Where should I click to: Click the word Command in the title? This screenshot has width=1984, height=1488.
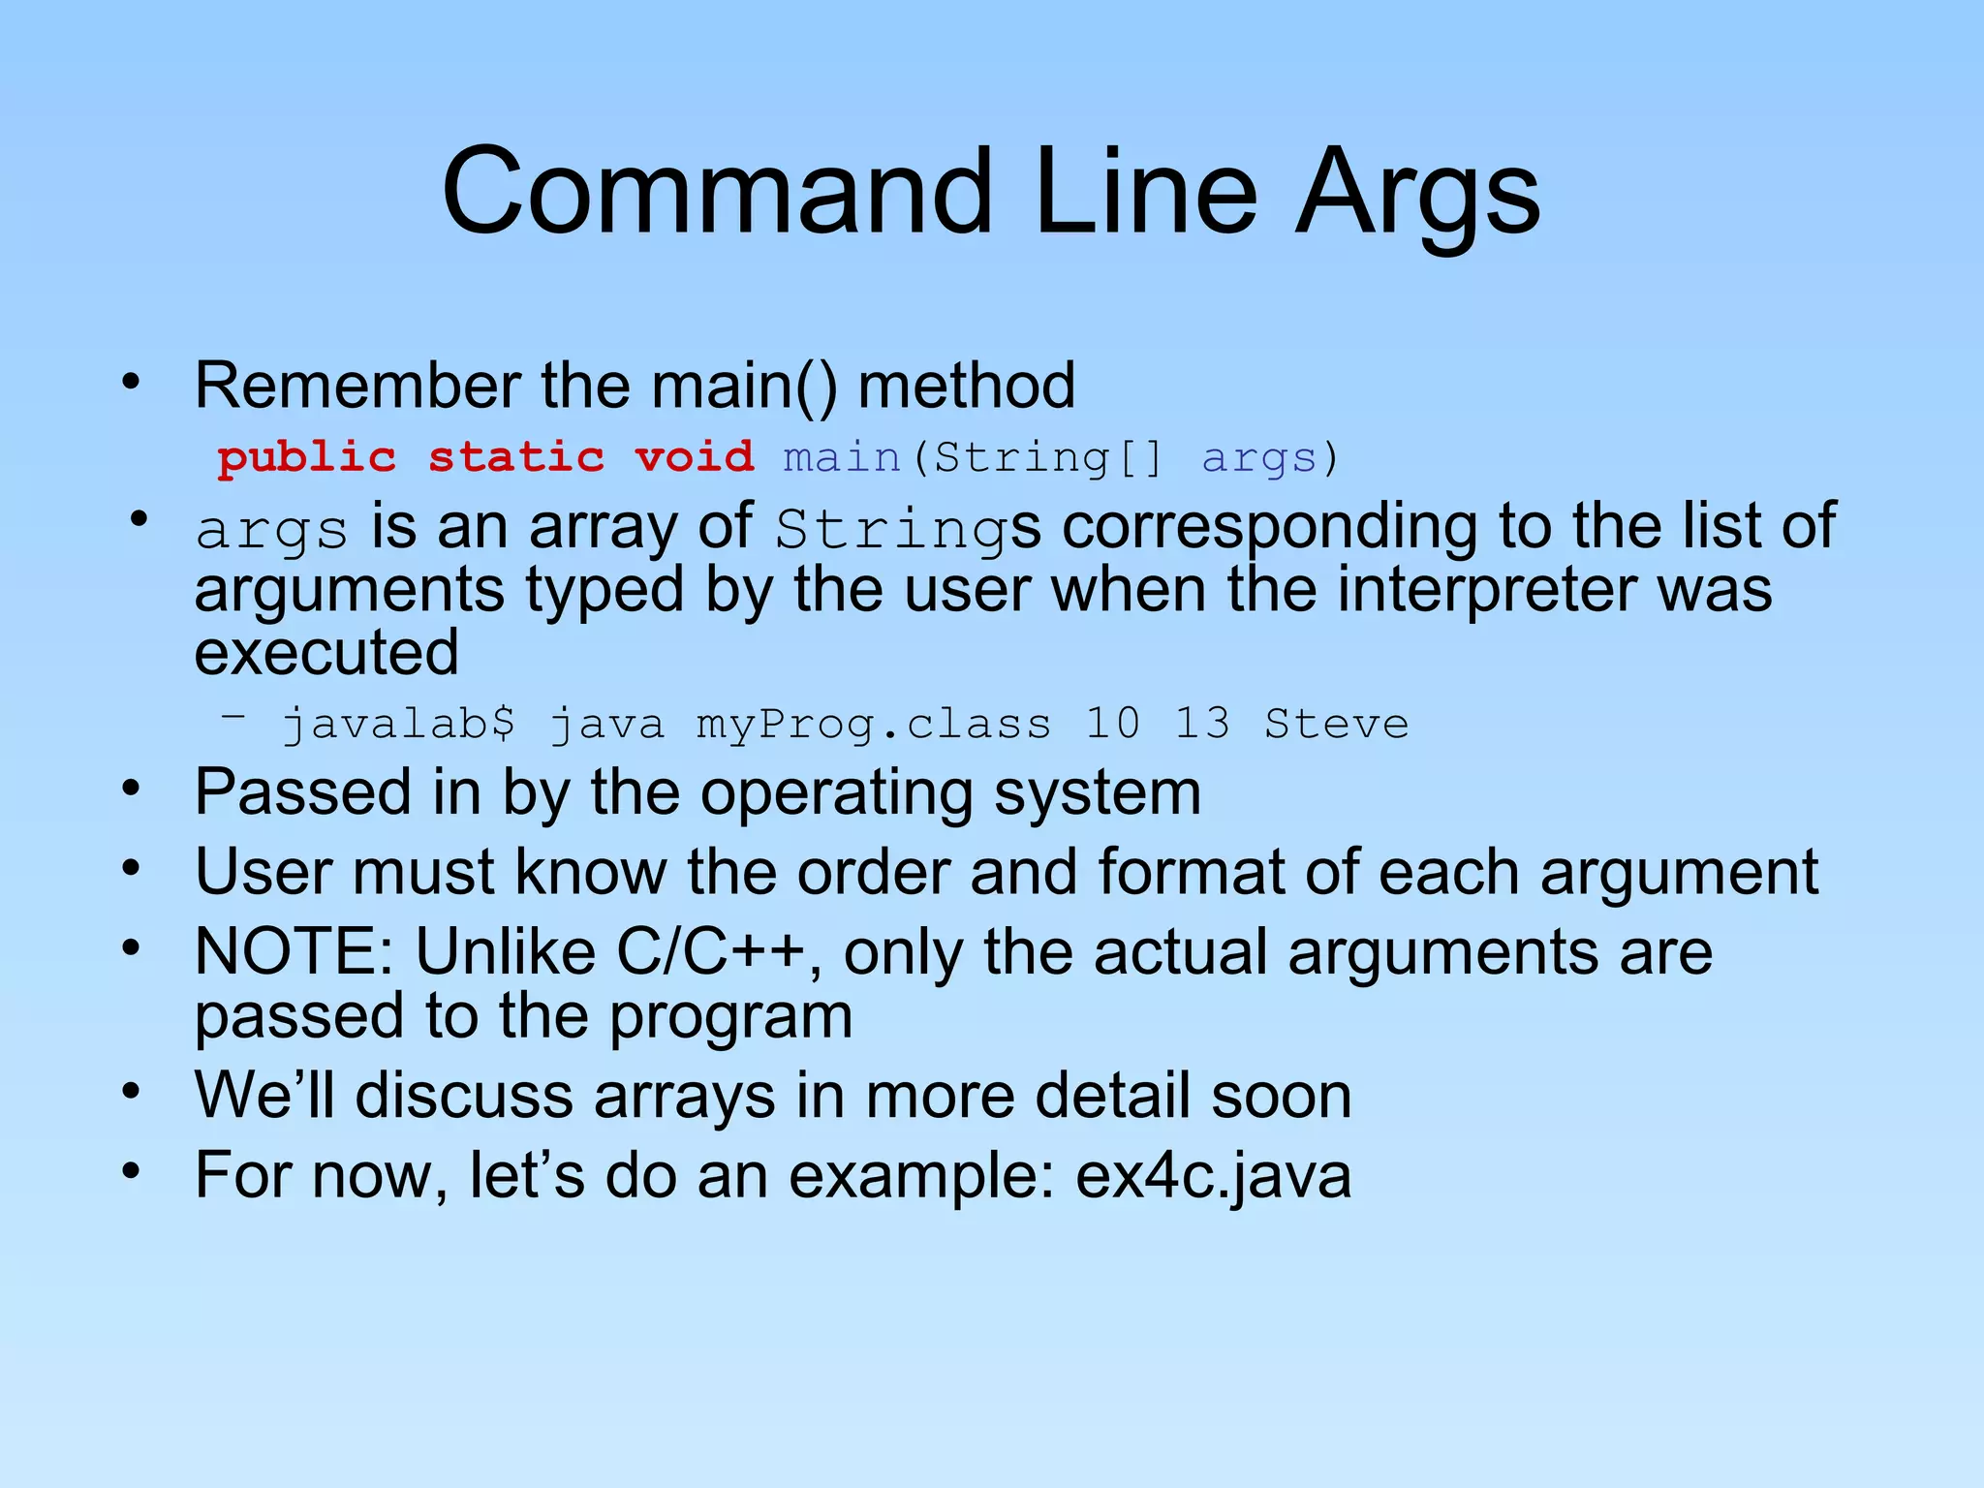(717, 191)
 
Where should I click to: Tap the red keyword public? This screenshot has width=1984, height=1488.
(306, 457)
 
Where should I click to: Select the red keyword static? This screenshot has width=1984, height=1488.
(516, 457)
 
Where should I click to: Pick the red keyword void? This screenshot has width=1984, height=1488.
(694, 457)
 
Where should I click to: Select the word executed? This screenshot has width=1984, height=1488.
(326, 652)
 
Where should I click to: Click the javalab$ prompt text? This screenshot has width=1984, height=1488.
(399, 725)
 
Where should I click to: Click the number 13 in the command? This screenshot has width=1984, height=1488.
(1202, 724)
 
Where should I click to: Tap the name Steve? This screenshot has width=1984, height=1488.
(1337, 724)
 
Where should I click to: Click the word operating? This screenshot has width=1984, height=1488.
(836, 793)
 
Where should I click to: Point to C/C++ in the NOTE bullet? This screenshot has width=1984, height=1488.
(711, 951)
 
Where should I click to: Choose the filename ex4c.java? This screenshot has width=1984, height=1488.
(1213, 1175)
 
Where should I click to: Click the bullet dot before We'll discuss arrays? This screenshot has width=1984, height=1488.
(132, 1092)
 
